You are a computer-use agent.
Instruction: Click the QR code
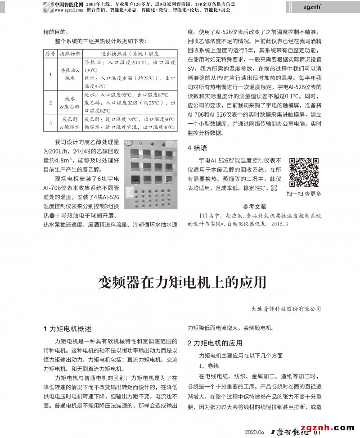tap(304, 172)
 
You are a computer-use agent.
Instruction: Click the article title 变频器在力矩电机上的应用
tap(182, 282)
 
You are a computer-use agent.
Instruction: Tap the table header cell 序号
tap(50, 54)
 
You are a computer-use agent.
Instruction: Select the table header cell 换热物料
tap(70, 54)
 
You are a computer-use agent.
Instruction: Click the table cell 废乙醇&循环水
tap(70, 123)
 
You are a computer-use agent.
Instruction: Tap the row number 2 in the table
tap(50, 103)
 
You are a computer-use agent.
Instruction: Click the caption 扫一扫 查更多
tap(304, 194)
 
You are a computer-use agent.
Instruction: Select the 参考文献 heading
tap(255, 207)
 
